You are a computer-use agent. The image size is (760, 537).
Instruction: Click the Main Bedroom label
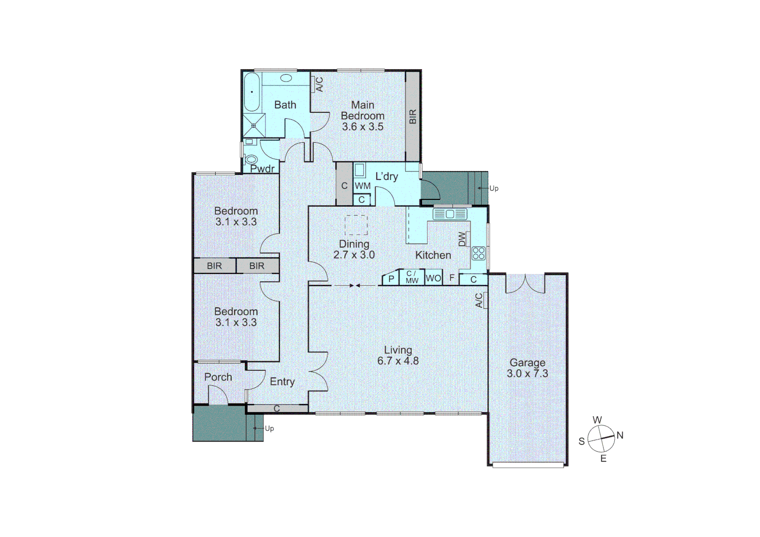click(362, 110)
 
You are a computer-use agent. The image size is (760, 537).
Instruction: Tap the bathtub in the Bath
click(252, 92)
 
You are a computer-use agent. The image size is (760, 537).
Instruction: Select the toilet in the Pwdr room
click(252, 160)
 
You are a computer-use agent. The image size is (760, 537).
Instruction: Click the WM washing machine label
click(362, 186)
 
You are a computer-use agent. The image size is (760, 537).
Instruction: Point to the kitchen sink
click(450, 214)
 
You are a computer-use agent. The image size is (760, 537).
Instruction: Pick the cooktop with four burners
click(478, 253)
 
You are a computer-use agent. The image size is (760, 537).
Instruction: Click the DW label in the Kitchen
click(463, 239)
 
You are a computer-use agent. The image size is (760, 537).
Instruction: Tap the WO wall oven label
click(433, 278)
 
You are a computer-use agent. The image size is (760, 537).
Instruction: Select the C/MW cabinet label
click(412, 277)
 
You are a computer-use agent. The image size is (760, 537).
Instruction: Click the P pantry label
click(391, 279)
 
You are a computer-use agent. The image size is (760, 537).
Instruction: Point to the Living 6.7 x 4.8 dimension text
click(398, 361)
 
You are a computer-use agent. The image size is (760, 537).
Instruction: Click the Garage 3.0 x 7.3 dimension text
click(527, 373)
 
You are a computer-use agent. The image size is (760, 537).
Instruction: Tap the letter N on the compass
click(620, 435)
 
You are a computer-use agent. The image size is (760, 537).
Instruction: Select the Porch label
click(218, 377)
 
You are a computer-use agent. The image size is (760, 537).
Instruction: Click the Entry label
click(282, 381)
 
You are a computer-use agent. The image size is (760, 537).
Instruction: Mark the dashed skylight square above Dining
click(356, 225)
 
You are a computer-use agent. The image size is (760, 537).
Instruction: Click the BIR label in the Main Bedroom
click(413, 117)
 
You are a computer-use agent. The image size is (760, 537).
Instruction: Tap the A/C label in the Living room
click(479, 300)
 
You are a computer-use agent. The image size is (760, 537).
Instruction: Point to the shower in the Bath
click(254, 125)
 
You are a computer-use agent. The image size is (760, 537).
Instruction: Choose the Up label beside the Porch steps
click(269, 428)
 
